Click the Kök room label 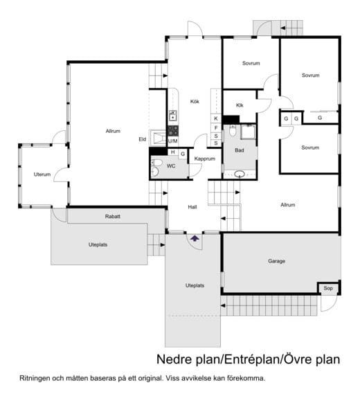pyautogui.click(x=195, y=102)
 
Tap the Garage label pyautogui.click(x=276, y=261)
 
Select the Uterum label pyautogui.click(x=42, y=174)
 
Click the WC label pyautogui.click(x=171, y=166)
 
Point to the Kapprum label pyautogui.click(x=204, y=159)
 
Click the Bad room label pyautogui.click(x=240, y=150)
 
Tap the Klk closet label pyautogui.click(x=240, y=105)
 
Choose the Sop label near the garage pyautogui.click(x=328, y=288)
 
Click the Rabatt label pyautogui.click(x=113, y=217)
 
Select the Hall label pyautogui.click(x=192, y=207)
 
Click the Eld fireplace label pyautogui.click(x=143, y=139)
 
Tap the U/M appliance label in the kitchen pyautogui.click(x=172, y=141)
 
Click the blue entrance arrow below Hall pyautogui.click(x=195, y=238)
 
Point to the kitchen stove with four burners pyautogui.click(x=173, y=131)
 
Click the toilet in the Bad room pyautogui.click(x=233, y=131)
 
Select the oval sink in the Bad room pyautogui.click(x=240, y=174)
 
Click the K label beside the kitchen pyautogui.click(x=216, y=118)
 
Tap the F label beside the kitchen pyautogui.click(x=216, y=127)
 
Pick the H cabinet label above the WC pyautogui.click(x=172, y=152)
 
